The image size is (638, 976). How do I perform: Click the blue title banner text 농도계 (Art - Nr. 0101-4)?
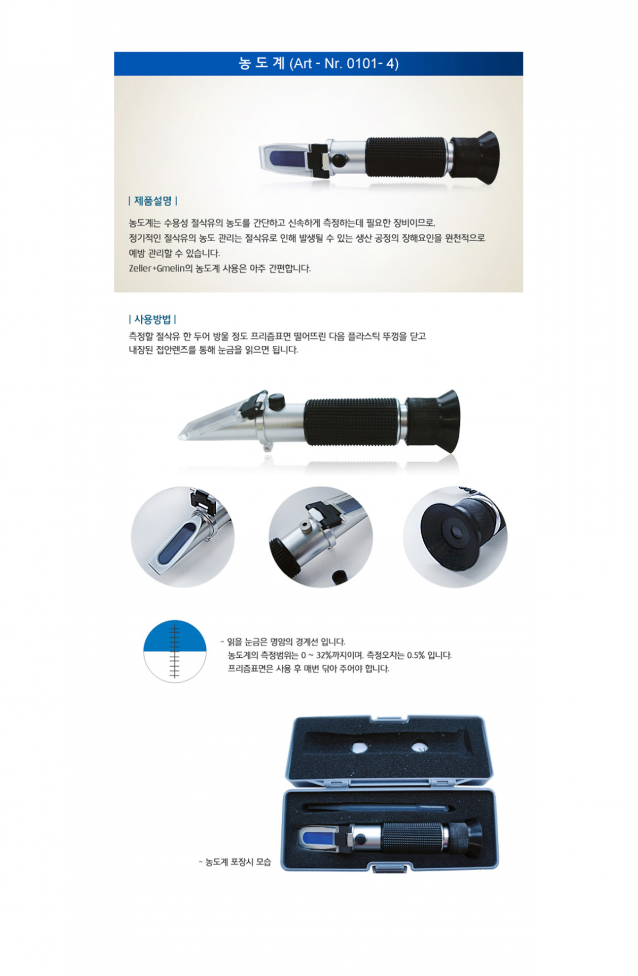tap(318, 63)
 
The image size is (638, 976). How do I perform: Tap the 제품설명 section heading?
tap(153, 201)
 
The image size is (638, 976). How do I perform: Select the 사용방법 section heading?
tap(153, 319)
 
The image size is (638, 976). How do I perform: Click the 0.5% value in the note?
tap(416, 655)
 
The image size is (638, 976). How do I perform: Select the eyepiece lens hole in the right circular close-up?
tap(455, 533)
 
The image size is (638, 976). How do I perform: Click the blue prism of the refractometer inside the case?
tap(317, 838)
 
